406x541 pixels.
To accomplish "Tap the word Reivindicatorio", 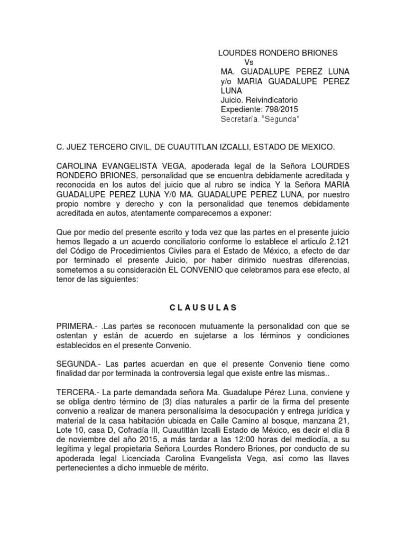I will (x=272, y=99).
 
